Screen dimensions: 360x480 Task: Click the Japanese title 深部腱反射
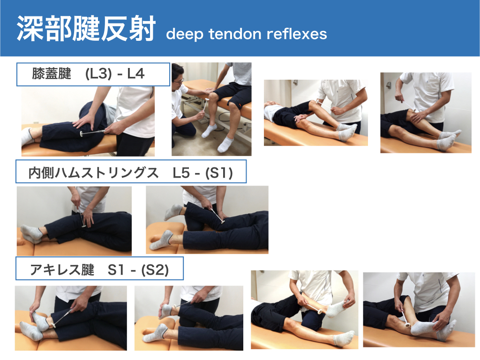pyautogui.click(x=86, y=29)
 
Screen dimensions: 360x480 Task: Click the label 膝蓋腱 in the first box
pyautogui.click(x=52, y=75)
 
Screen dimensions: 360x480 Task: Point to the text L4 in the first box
pyautogui.click(x=136, y=75)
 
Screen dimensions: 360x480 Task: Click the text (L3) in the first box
pyautogui.click(x=98, y=75)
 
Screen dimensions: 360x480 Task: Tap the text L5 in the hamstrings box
pyautogui.click(x=180, y=173)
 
